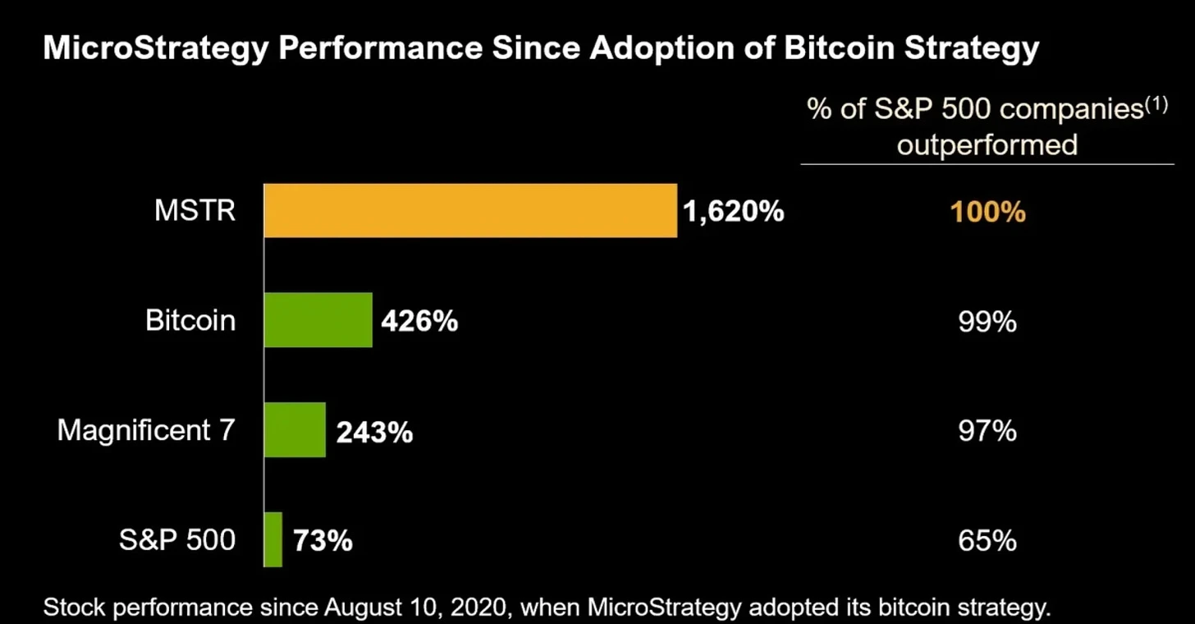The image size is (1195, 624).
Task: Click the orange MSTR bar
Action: coord(470,211)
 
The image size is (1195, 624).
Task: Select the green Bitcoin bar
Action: coord(318,320)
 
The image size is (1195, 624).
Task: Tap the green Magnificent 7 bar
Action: coord(295,430)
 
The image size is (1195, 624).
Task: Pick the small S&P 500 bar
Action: coord(273,539)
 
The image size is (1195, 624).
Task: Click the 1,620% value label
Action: coord(733,212)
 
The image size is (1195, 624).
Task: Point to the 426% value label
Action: coord(419,321)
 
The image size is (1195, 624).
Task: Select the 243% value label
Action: coord(373,431)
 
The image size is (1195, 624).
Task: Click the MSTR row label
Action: coord(195,211)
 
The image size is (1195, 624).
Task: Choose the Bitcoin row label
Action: coord(190,320)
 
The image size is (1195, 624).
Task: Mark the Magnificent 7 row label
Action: coord(146,430)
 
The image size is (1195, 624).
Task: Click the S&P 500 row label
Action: coord(177,539)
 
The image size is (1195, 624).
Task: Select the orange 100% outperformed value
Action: coord(987,213)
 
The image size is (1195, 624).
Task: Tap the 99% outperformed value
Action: coord(987,322)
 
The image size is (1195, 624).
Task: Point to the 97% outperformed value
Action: coord(987,431)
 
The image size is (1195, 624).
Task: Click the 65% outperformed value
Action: coord(987,541)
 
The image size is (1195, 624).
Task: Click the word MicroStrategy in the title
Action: coord(154,49)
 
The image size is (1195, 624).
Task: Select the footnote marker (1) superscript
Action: coord(1156,105)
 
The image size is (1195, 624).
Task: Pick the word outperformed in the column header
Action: coord(987,145)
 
